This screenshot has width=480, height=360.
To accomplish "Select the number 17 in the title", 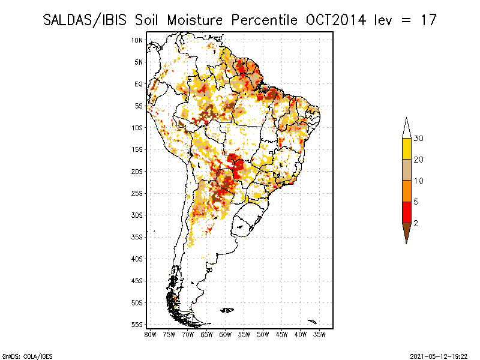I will pos(427,20).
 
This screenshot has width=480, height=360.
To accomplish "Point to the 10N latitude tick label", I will pos(137,40).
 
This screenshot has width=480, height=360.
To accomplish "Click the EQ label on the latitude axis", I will pos(139,84).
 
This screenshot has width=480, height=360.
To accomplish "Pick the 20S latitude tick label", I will pos(137,172).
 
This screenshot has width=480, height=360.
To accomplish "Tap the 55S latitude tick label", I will pos(137,325).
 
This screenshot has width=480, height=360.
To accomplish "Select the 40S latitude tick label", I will pos(137,259).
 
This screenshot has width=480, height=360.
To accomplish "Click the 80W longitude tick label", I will pos(150,334).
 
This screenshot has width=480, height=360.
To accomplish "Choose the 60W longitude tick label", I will pos(226,334).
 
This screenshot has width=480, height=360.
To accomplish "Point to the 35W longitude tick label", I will pos(320,334).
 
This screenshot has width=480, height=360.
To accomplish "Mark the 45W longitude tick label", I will pos(282,334).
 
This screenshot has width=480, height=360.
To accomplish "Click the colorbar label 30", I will pos(419,139).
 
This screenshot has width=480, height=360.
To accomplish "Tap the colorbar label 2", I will pos(415,223).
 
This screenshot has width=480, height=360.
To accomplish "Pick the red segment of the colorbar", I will pos(406,212).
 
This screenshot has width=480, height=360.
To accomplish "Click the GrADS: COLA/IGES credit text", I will pos(20,356).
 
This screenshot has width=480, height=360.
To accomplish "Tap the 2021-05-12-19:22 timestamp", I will pos(439,356).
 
